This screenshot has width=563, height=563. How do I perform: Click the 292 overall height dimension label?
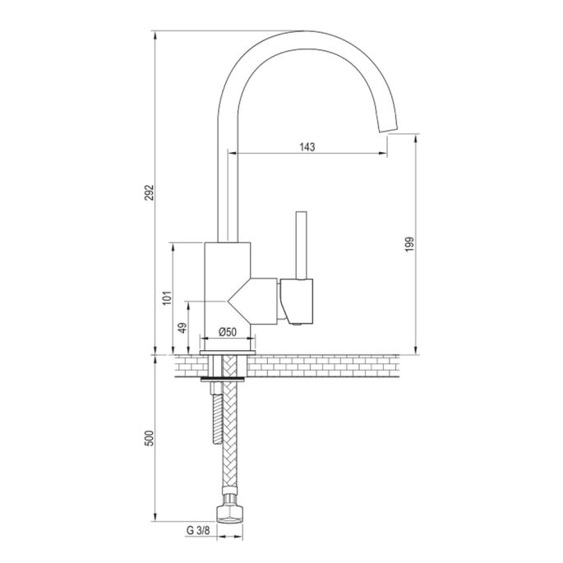[149, 192]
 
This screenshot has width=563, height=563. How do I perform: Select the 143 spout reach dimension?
[307, 146]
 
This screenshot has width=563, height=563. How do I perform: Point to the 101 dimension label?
[165, 298]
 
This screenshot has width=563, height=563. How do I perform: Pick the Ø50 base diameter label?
[228, 331]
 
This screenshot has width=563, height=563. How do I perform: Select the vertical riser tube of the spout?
[222, 181]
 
